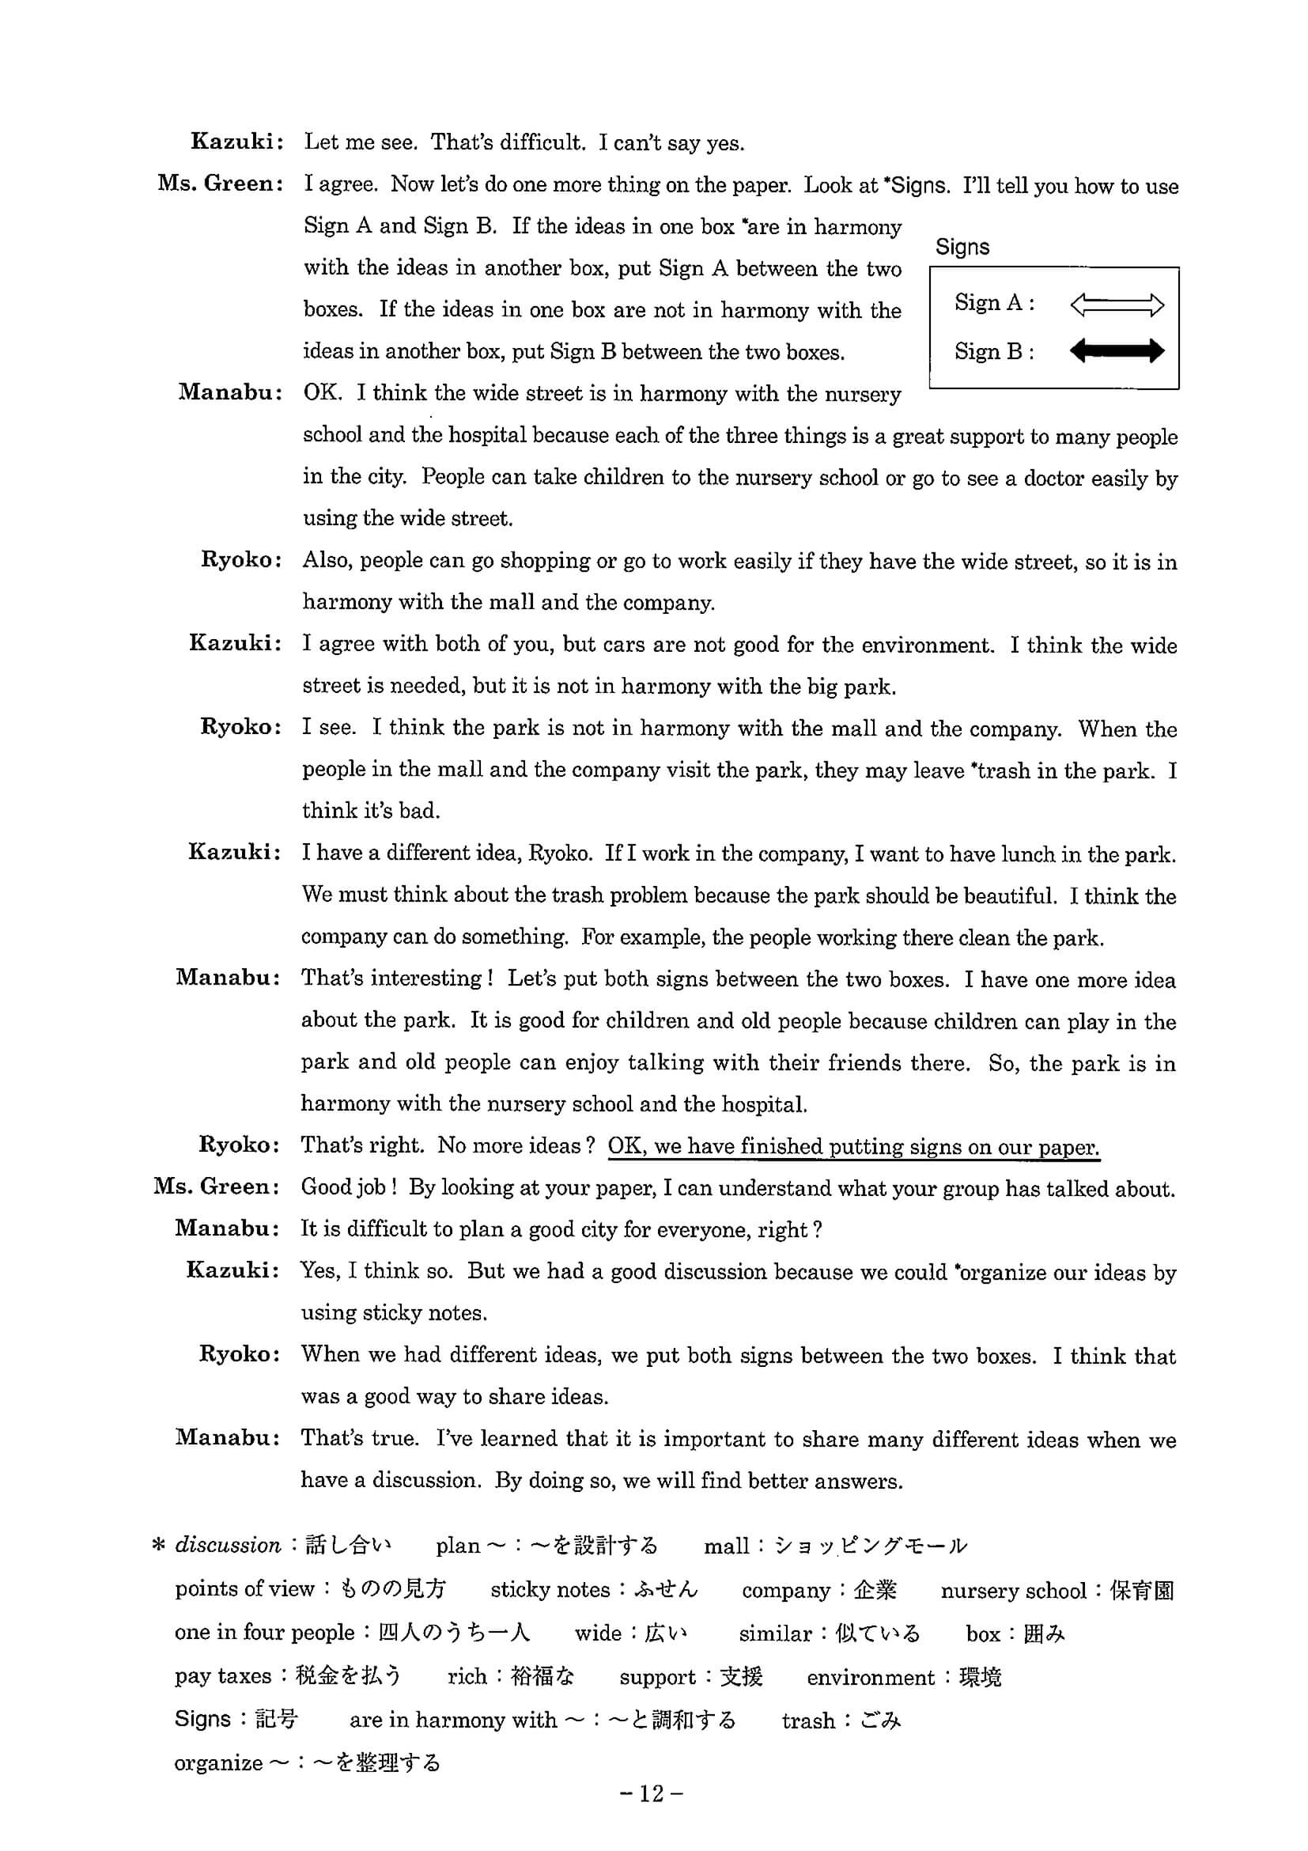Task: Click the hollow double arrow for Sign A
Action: point(1116,305)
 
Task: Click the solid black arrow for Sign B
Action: point(1116,350)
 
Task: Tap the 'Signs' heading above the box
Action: point(962,247)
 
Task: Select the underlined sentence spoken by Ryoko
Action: point(853,1146)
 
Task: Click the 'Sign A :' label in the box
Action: point(995,303)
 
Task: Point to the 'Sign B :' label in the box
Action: point(995,351)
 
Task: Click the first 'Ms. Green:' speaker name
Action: point(220,184)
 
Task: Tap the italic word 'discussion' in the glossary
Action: point(228,1546)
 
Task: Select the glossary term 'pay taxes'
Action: point(223,1676)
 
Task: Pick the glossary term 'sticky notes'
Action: point(550,1590)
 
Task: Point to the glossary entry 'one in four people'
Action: point(264,1633)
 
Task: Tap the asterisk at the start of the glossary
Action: point(159,1546)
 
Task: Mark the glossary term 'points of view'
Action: point(244,1589)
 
